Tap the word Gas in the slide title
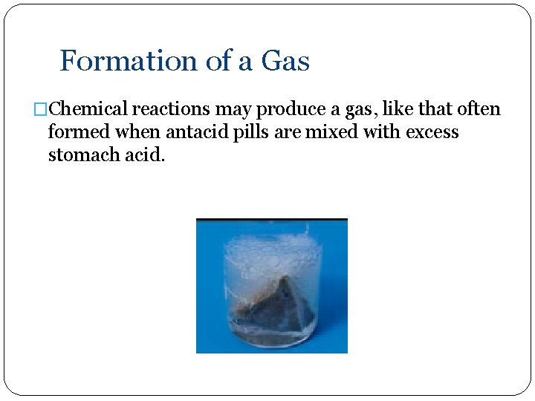285,61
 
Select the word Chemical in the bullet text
92,110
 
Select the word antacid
193,133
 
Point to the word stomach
86,156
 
